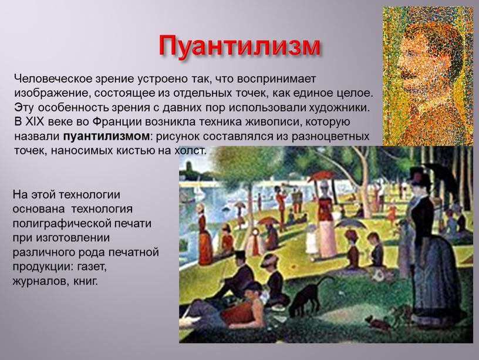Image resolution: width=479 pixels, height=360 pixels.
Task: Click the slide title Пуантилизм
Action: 239,46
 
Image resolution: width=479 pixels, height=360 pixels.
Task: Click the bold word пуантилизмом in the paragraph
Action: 106,136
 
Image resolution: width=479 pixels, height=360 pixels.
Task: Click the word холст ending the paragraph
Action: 190,150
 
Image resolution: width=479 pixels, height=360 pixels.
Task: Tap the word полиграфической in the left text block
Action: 57,223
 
